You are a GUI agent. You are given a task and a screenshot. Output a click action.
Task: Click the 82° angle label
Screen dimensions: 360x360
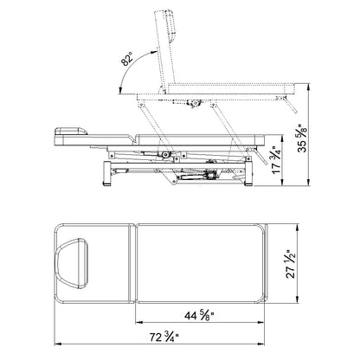127,60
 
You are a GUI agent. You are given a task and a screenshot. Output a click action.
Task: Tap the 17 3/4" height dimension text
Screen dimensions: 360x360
276,159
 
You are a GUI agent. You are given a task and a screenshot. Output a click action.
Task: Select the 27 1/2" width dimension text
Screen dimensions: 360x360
291,264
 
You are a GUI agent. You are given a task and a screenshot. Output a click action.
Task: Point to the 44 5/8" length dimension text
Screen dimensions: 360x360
199,316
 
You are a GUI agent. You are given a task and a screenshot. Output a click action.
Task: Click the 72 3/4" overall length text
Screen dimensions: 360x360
164,337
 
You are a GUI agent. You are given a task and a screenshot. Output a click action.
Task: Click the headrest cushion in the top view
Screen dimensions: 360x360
71,264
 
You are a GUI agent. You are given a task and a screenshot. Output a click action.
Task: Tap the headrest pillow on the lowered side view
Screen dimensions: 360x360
71,131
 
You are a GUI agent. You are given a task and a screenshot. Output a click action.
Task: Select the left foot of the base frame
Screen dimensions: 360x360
106,173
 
